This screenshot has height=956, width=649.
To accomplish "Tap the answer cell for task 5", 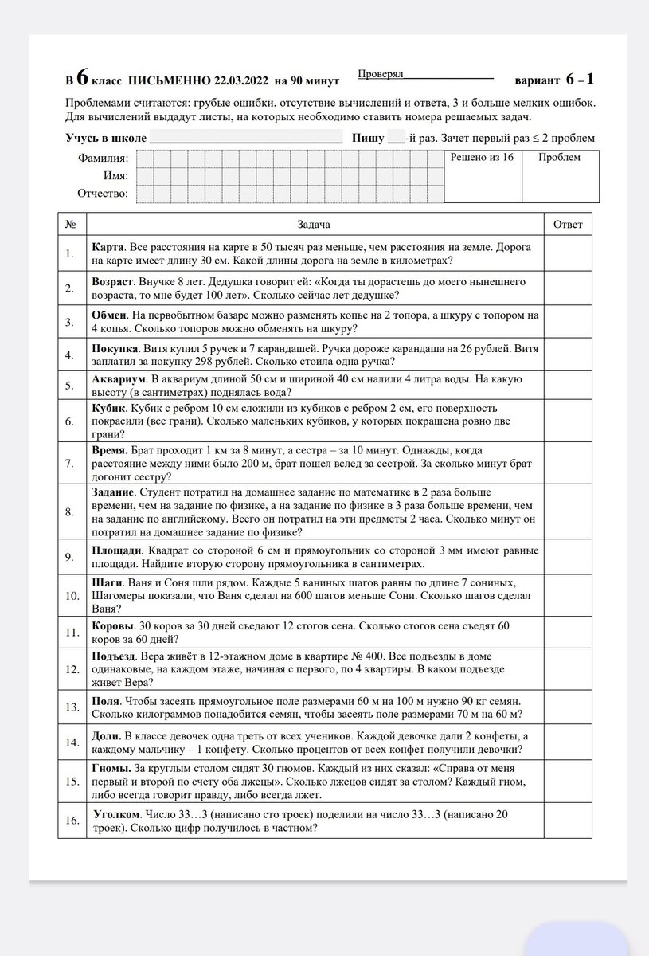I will pos(569,385).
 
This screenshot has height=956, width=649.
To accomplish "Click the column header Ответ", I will pos(568,225).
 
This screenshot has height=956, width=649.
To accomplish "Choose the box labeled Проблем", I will pos(560,158).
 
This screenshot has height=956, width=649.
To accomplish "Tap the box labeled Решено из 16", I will pos(482,158).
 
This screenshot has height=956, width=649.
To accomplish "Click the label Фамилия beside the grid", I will pos(103,158).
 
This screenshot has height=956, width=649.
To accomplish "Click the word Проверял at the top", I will pos(380,73).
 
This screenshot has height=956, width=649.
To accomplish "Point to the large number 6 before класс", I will pos(82,79).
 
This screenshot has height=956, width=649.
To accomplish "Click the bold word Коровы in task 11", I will pos(112,626).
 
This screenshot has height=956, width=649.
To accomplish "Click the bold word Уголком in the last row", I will pos(116,815).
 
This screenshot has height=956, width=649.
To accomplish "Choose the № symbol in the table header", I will pos(71,225).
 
